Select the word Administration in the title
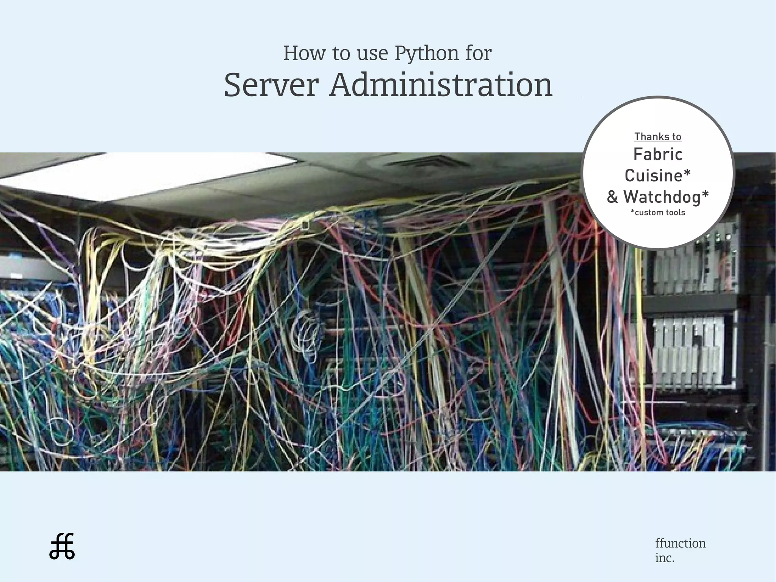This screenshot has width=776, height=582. coord(441,85)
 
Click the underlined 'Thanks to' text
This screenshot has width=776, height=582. coord(658,136)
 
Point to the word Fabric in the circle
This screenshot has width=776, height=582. coord(658,154)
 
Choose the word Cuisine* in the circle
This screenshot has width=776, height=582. coord(658,176)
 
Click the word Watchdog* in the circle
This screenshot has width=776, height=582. coord(666,197)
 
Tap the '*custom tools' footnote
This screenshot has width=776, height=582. coord(658,212)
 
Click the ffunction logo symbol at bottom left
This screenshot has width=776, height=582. coord(62,546)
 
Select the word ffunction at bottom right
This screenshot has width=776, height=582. coord(681,543)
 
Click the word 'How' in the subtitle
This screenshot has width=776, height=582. coord(304,53)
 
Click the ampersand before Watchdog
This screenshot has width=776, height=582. coord(612,197)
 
